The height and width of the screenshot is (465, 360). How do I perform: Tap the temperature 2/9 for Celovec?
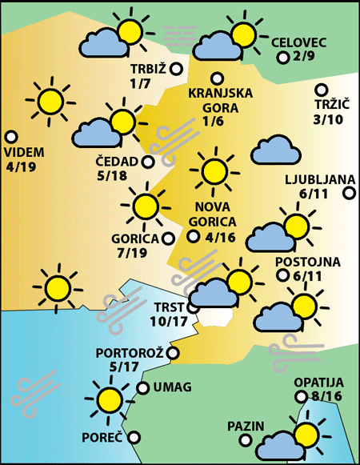pos(305,57)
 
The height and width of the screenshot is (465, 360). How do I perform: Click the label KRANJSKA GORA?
pos(220,99)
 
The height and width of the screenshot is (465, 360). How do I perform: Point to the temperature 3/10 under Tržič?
pos(328,119)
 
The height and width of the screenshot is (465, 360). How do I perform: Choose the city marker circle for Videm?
pos(11,136)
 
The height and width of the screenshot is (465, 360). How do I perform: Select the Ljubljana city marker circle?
pos(349,192)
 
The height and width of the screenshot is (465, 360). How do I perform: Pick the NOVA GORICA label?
pos(214,214)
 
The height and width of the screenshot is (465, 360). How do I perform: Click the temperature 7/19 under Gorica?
pos(131,253)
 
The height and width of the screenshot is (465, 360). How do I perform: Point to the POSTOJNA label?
pos(307,262)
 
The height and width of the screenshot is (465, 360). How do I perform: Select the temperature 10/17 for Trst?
pos(169,322)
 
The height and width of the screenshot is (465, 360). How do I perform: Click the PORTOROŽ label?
pos(129,352)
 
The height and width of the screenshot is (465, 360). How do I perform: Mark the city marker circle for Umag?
pos(143,388)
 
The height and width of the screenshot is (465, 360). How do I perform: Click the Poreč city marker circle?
pos(134,438)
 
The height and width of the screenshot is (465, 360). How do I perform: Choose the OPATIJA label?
pos(318,383)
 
